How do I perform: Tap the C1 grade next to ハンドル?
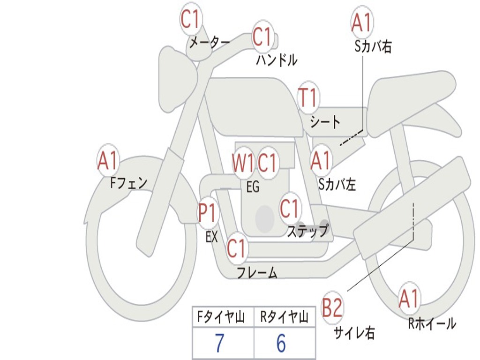262,37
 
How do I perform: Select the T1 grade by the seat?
308,98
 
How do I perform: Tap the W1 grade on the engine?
243,163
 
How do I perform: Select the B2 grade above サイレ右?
332,308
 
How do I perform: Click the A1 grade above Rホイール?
409,299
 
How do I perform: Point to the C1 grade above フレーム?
236,248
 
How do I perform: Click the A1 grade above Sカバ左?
321,161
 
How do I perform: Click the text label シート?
325,122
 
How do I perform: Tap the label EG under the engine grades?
253,187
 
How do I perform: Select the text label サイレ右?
354,333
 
